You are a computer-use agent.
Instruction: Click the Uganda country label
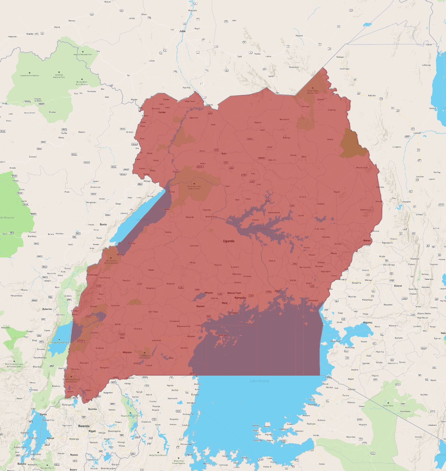228,241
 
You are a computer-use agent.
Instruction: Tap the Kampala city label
240,298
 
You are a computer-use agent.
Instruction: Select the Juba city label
182,31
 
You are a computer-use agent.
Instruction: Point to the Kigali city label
92,431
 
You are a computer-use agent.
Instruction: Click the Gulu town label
224,153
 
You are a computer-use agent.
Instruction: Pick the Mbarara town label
127,352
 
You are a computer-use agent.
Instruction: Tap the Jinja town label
277,291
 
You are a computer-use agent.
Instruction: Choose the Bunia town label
103,224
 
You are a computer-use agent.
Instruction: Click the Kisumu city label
367,322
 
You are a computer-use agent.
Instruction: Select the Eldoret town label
398,286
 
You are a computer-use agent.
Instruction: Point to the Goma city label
43,414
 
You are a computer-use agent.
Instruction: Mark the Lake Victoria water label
259,381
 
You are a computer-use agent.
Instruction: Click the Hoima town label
168,232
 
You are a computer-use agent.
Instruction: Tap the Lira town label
259,184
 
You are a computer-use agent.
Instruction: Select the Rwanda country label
84,426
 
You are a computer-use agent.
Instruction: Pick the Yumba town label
162,112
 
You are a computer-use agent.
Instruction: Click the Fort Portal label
105,278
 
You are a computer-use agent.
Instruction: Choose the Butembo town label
47,309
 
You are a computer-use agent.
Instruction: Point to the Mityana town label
209,293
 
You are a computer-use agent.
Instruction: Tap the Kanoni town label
200,306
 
